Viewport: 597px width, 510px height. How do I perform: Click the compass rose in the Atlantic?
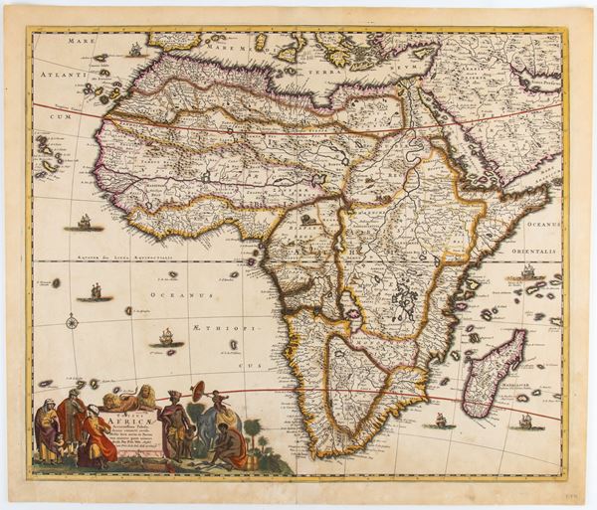pos(71,321)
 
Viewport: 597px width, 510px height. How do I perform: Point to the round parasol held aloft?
pos(198,391)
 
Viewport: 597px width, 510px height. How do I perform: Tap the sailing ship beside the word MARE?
pos(135,49)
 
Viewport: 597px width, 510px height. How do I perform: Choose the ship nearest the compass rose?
pos(96,291)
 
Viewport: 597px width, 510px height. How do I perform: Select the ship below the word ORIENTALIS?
pos(526,270)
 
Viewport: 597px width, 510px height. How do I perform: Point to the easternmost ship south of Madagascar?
pos(524,422)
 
